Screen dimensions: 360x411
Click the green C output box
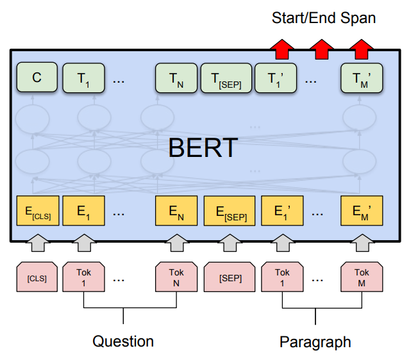pos(37,78)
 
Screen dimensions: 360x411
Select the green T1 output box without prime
pos(84,78)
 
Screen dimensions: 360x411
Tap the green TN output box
pos(176,78)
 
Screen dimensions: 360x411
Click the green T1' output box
pos(276,78)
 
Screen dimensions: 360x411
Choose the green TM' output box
pos(362,78)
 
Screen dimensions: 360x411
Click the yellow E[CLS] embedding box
pos(37,212)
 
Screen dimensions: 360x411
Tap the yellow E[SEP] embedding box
pos(229,212)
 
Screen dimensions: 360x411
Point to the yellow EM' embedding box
pos(362,212)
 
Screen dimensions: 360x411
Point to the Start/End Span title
pos(324,18)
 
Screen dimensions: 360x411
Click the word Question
pos(123,341)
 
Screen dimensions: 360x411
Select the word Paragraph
pos(315,341)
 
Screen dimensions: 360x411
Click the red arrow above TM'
pos(362,48)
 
